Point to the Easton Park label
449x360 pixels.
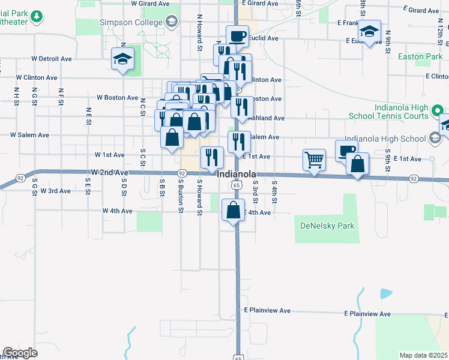pos(420,57)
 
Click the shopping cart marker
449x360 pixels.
pos(314,160)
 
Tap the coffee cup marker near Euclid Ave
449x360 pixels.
pos(238,35)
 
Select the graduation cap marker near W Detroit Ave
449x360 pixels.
pos(122,60)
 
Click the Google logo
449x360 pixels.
pos(20,353)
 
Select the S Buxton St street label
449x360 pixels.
pos(180,195)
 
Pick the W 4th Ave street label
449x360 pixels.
pos(117,211)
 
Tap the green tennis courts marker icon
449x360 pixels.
pos(438,110)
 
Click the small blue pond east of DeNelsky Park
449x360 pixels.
pos(386,293)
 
